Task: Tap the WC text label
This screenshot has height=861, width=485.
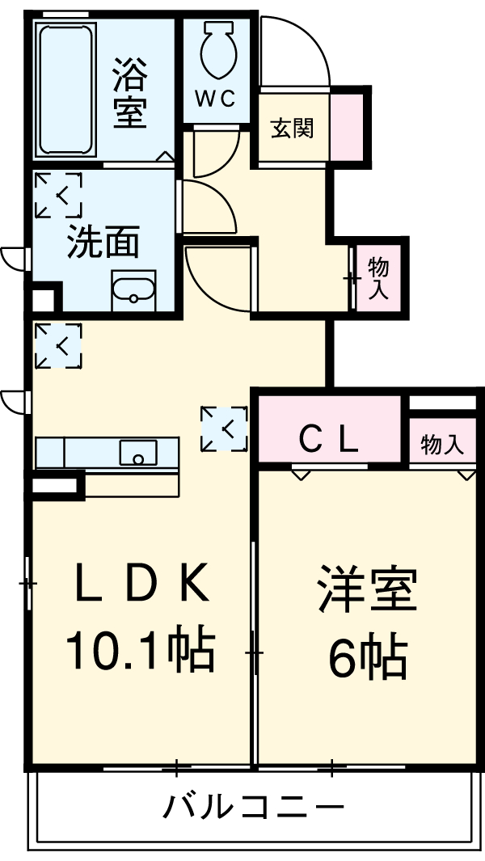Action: (217, 99)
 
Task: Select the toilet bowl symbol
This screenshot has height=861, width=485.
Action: (217, 50)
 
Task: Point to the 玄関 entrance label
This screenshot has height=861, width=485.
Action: (292, 129)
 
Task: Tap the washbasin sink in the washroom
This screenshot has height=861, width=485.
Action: (133, 290)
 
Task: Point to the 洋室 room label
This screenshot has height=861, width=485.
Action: (367, 590)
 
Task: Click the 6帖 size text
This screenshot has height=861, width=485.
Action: (368, 659)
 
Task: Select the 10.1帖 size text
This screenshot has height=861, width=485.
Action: (140, 650)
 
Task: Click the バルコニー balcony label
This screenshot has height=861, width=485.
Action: (255, 807)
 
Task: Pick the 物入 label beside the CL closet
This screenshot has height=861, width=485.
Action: (442, 444)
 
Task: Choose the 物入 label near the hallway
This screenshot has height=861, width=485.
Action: (377, 279)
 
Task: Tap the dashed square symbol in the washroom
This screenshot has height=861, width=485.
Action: (58, 195)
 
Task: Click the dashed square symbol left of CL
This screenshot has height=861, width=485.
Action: (224, 428)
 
